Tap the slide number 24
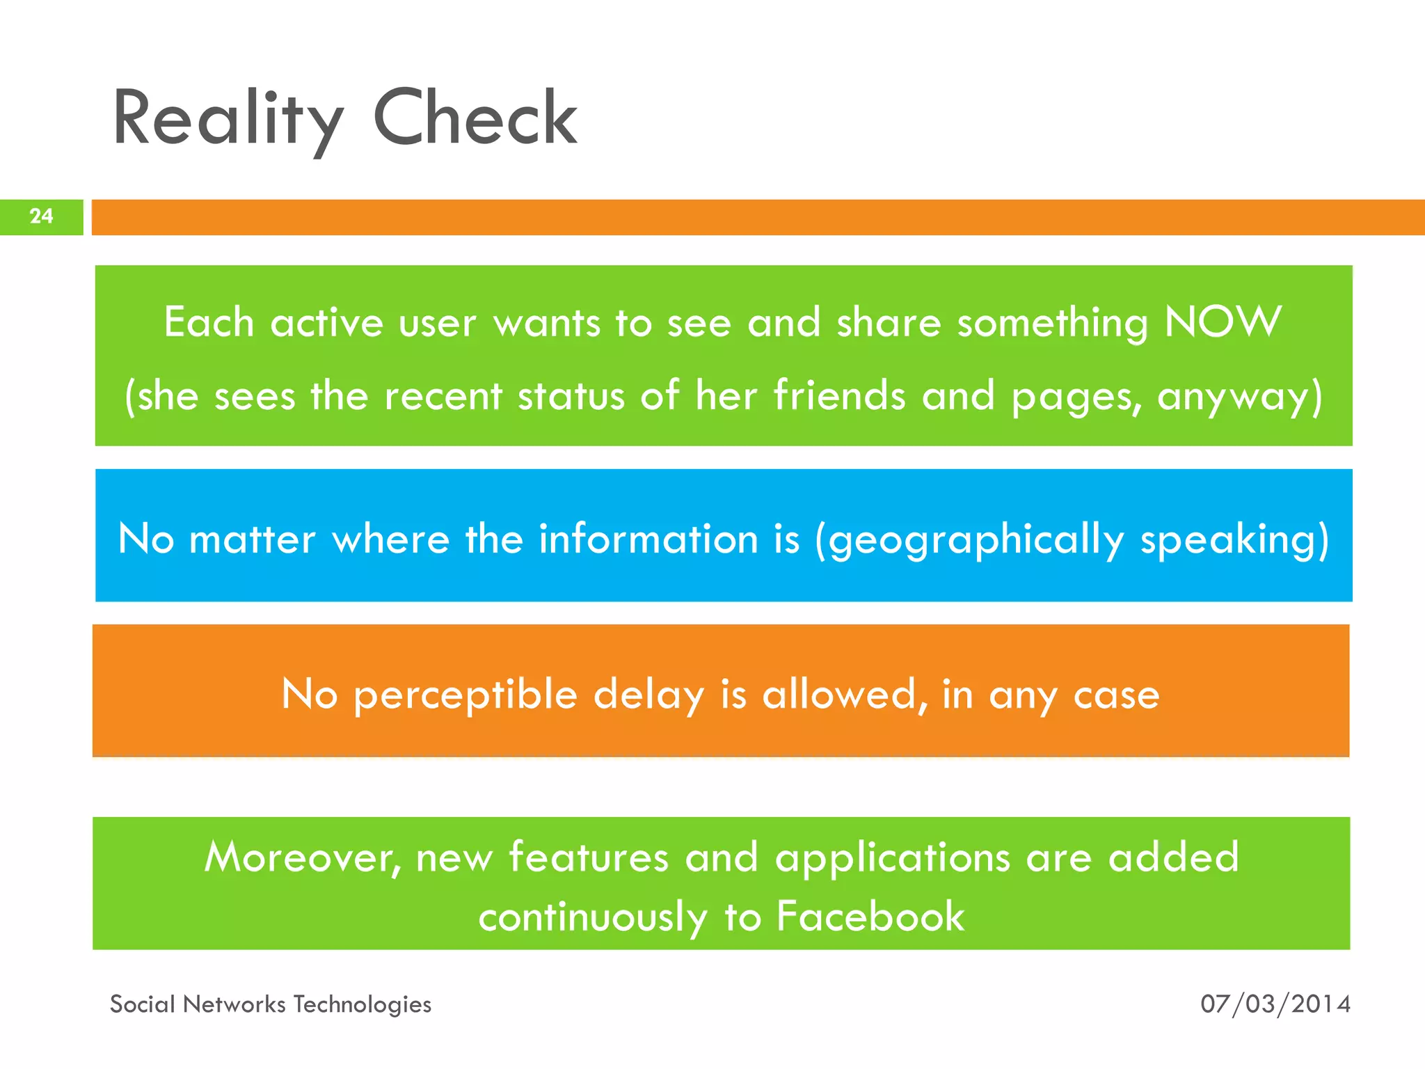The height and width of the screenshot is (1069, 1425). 42,216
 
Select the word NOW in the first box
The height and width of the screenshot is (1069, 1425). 1223,322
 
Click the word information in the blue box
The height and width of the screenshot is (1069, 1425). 648,539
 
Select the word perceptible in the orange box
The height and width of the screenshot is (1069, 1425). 465,695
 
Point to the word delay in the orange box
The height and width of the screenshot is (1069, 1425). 648,695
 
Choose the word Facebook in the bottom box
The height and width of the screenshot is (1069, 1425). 870,916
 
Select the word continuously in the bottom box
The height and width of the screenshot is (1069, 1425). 593,917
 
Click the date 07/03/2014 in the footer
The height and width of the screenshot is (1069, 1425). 1275,1004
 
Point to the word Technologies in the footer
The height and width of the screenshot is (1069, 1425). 362,1004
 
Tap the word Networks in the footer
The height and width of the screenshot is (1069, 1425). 234,1004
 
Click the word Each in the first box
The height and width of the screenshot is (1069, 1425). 209,323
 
